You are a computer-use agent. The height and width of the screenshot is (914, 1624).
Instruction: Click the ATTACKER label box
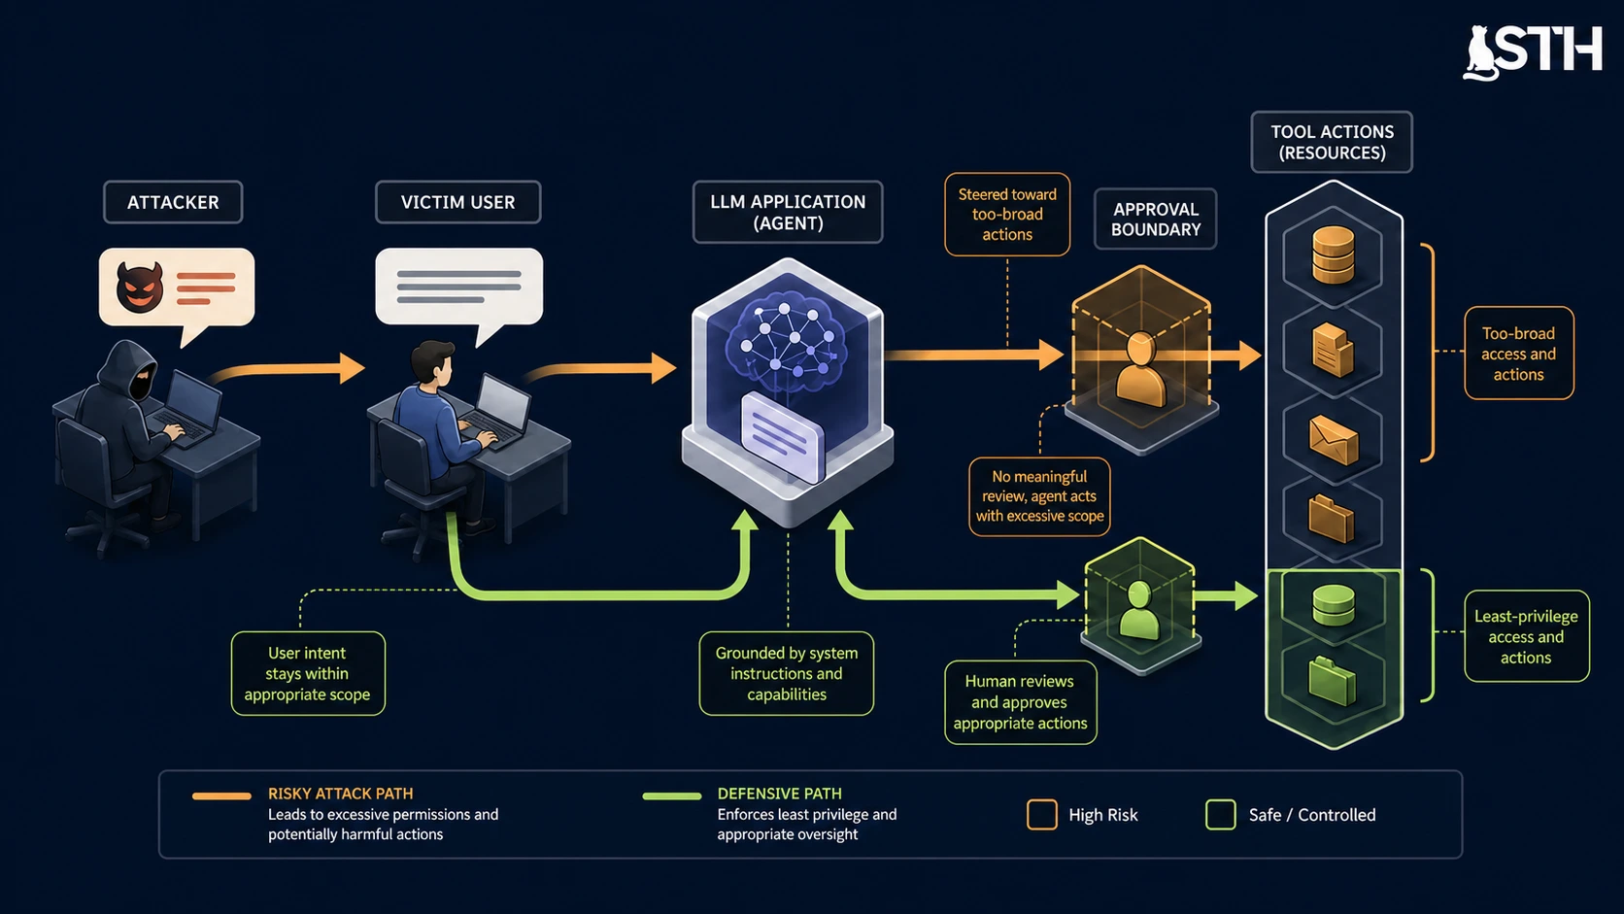tap(173, 202)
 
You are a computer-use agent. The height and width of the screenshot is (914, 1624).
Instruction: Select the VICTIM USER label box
tap(458, 202)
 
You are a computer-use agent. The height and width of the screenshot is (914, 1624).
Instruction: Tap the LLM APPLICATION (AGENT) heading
tap(788, 213)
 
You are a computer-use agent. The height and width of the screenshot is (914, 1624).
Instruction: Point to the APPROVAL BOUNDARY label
tap(1156, 219)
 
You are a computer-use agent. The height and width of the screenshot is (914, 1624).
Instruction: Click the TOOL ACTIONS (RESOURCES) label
tap(1332, 142)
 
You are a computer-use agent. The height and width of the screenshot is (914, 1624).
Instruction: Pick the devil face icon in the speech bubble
tap(139, 288)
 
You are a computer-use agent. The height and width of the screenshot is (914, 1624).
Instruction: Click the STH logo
tap(1533, 51)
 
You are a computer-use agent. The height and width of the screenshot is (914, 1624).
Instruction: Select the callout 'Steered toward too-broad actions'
tap(1007, 215)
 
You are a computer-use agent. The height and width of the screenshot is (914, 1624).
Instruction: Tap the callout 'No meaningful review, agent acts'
tap(1039, 496)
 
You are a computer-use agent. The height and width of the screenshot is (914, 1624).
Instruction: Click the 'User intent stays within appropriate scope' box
tap(307, 673)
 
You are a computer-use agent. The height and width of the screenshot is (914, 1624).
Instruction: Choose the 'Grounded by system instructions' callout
tap(787, 673)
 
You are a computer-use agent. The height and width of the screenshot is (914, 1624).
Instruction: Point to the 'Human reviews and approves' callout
tap(1020, 702)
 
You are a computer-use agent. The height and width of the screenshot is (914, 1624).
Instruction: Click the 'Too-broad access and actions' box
tap(1519, 354)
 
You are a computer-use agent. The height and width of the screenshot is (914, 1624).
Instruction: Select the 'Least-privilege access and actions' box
tap(1526, 636)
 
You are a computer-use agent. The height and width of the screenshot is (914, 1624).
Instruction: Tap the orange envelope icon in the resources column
tap(1334, 441)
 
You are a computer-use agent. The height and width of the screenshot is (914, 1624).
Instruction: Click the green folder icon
tap(1333, 681)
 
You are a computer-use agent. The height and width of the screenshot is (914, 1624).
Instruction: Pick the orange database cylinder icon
tap(1334, 255)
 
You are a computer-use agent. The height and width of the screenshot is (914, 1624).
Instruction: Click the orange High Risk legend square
tap(1042, 815)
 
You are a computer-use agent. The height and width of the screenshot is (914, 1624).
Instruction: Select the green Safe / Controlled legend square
tap(1221, 815)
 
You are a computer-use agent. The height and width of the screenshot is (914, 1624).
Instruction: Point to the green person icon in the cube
tap(1139, 611)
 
